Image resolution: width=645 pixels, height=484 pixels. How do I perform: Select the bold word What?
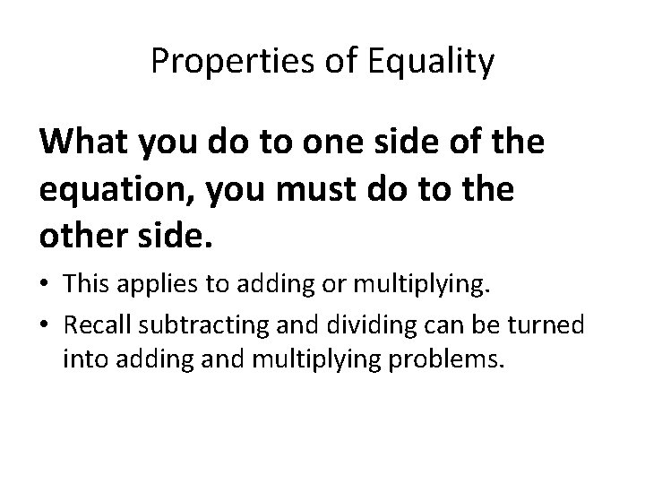[x=82, y=142]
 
